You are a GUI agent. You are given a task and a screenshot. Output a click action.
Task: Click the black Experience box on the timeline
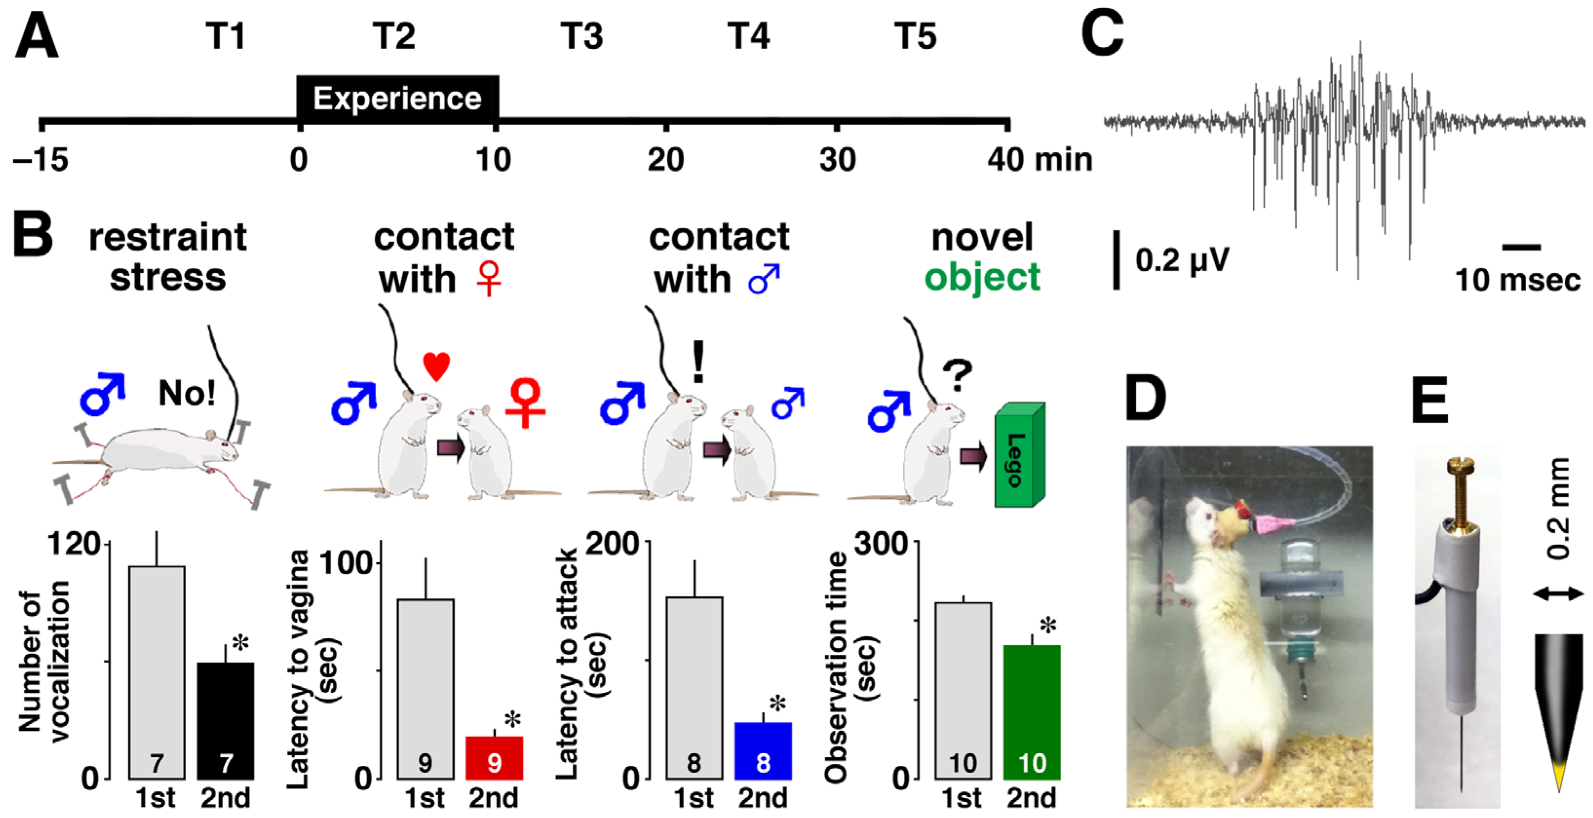(x=398, y=98)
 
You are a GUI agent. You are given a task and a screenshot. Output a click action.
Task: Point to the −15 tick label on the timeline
(x=41, y=159)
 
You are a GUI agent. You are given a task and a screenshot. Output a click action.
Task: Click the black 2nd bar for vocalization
(x=225, y=720)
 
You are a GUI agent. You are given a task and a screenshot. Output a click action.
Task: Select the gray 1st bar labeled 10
(x=963, y=690)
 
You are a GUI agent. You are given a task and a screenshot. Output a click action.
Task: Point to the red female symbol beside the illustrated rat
(x=525, y=402)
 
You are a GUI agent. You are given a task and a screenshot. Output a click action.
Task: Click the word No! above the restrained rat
(x=187, y=392)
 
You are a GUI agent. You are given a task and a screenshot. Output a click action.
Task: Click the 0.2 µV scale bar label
(x=1182, y=260)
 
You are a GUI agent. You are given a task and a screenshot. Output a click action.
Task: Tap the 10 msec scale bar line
(x=1521, y=247)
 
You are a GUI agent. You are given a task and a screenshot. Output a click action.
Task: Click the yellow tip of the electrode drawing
(x=1559, y=781)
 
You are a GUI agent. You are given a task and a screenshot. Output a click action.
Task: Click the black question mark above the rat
(x=957, y=375)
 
